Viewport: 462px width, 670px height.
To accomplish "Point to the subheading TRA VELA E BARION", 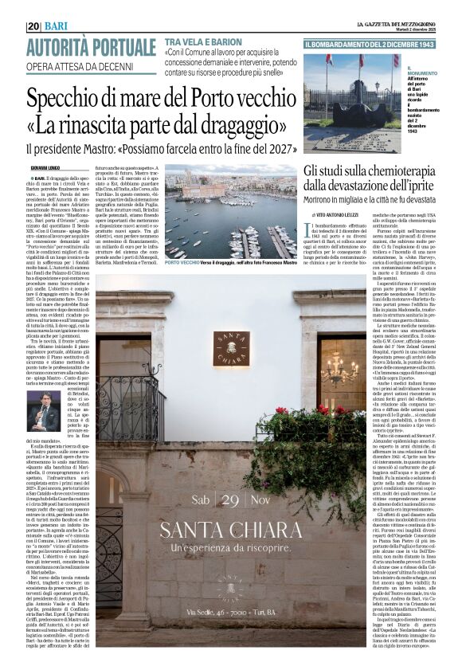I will click(x=203, y=41).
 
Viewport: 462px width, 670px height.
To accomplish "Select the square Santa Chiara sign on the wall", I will click(x=229, y=348).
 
